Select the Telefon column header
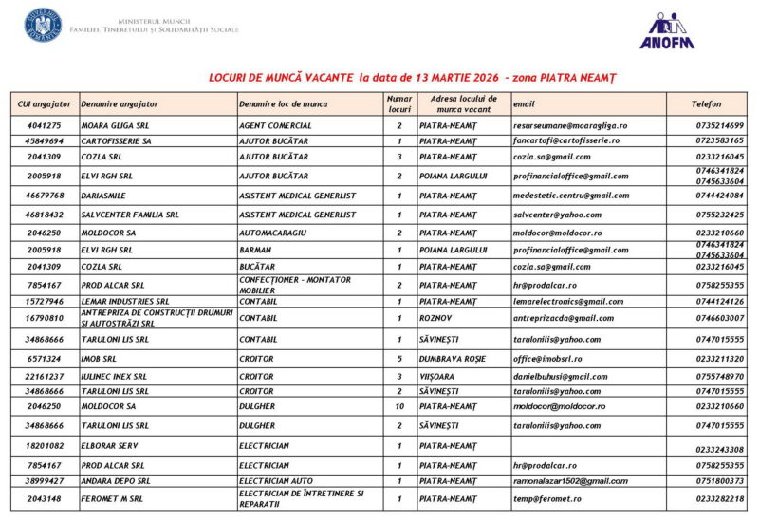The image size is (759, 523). (x=706, y=103)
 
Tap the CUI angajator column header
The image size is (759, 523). (x=45, y=103)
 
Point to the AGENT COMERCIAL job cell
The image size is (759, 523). (x=276, y=125)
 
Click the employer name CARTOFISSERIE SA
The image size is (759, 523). (x=117, y=140)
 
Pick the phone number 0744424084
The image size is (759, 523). (x=719, y=196)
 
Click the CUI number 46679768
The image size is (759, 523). (x=46, y=196)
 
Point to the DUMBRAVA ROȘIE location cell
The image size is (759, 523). (x=454, y=359)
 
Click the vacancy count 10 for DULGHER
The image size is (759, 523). (x=399, y=406)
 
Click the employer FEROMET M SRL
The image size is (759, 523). (x=112, y=498)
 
